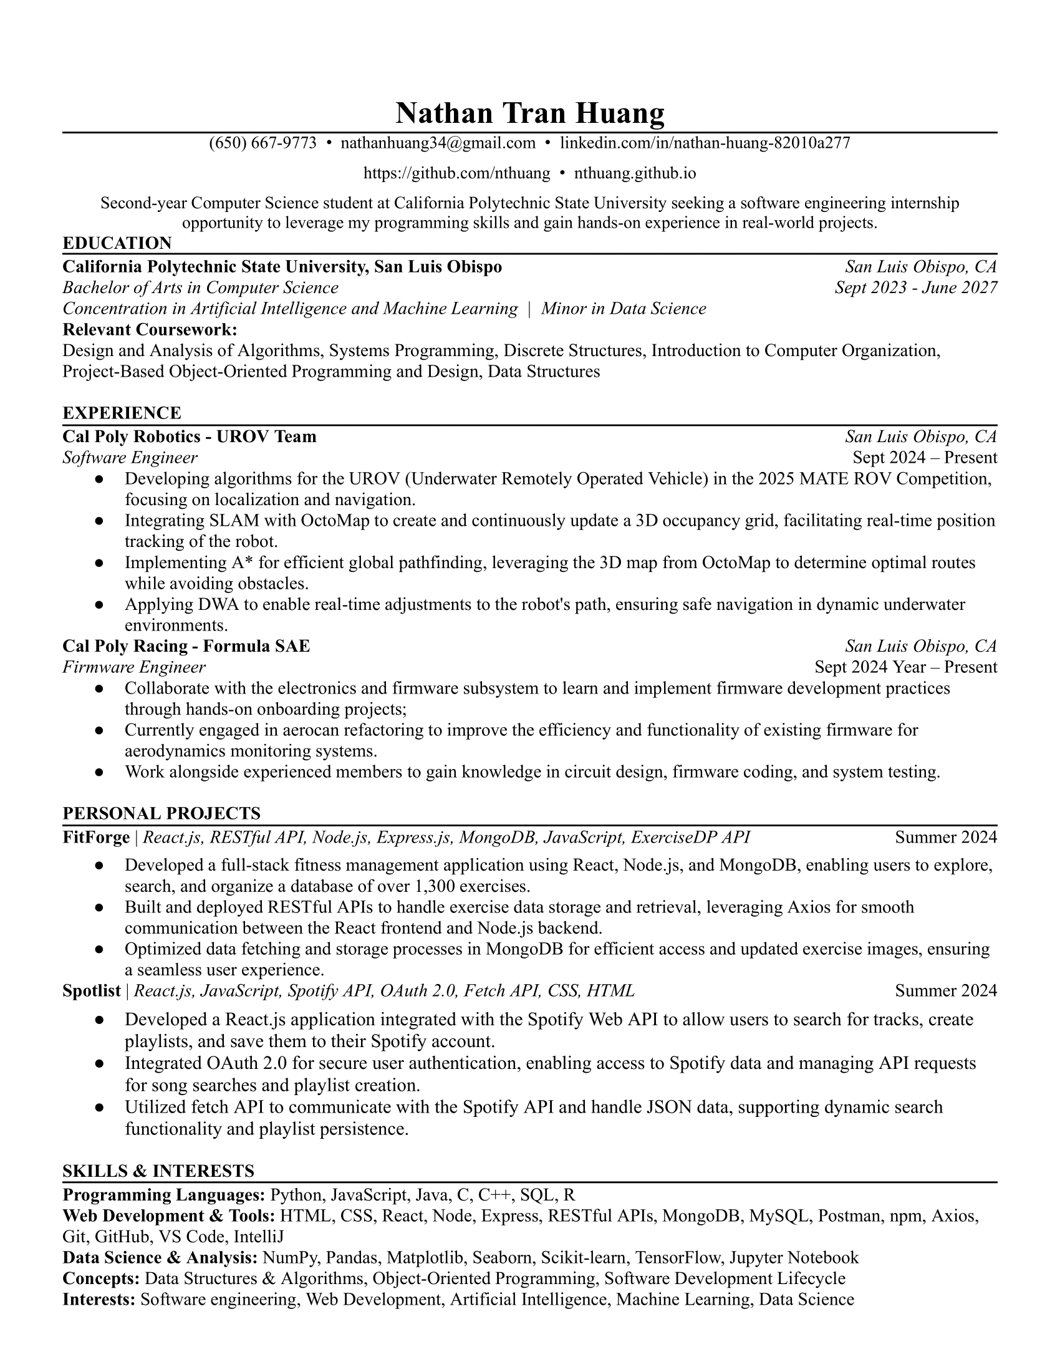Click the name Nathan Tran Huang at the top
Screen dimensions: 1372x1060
[x=529, y=114]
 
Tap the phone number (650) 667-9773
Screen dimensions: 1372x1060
[x=263, y=143]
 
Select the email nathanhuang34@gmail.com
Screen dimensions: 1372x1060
[x=438, y=143]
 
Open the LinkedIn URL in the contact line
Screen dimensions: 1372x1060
[x=705, y=143]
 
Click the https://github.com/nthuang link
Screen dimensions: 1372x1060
[x=456, y=173]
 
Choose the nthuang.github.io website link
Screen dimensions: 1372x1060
[x=635, y=173]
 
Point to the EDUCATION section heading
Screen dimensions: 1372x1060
[x=117, y=243]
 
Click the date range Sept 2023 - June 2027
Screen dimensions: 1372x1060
[x=915, y=287]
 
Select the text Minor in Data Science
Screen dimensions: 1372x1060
[x=624, y=309]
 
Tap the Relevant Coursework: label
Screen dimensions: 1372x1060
[x=150, y=329]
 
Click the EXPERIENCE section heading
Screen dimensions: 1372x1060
[x=122, y=413]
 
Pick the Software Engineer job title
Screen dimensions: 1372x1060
[x=130, y=457]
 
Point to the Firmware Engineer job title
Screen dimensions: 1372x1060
[x=134, y=667]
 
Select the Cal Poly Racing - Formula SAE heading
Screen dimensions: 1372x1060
[x=186, y=646]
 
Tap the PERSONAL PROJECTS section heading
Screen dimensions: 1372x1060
[x=161, y=813]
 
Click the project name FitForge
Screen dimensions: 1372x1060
[x=95, y=838]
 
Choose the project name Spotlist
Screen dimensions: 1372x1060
[x=91, y=991]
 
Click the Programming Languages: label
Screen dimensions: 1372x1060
[x=164, y=1194]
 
